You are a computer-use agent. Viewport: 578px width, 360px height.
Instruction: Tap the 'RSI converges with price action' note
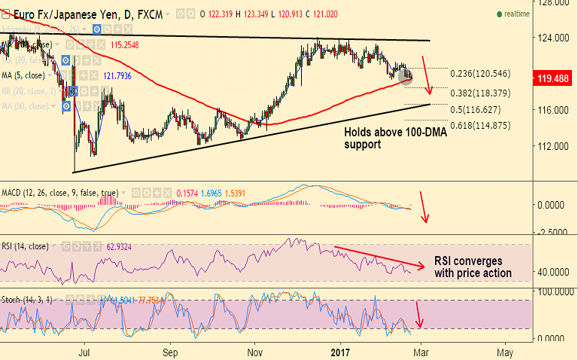coord(473,267)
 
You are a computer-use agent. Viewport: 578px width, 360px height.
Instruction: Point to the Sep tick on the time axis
coord(170,352)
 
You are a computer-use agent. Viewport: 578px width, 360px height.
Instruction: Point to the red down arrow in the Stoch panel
coord(419,314)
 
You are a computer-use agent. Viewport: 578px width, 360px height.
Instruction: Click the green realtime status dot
coord(498,14)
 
